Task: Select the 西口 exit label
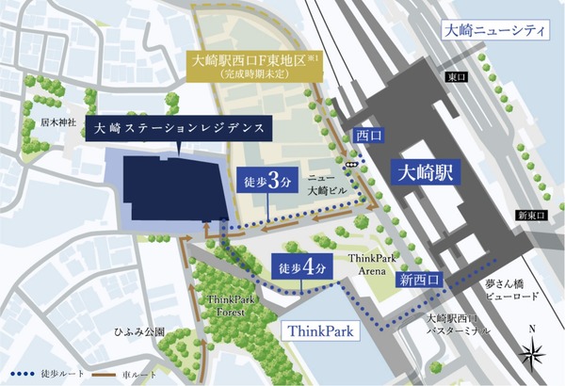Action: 366,136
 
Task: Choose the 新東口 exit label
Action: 532,217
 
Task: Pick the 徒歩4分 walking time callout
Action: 302,268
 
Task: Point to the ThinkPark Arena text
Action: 368,263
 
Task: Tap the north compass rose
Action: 534,352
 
